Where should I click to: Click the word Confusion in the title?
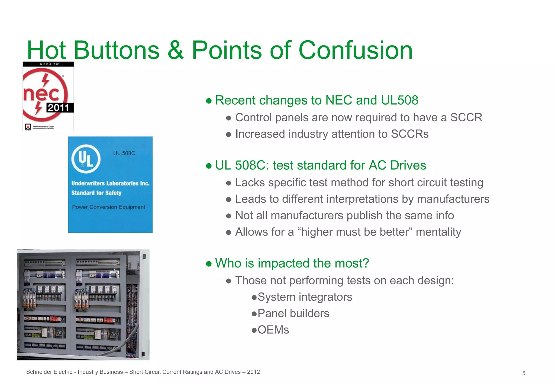coord(355,50)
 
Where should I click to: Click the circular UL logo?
coord(86,159)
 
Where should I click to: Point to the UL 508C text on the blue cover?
coord(124,153)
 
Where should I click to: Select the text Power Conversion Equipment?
coord(108,207)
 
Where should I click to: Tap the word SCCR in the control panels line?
coord(466,118)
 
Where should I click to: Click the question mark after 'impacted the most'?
coord(366,263)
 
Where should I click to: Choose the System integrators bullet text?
coord(305,297)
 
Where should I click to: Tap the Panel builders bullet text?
coord(293,314)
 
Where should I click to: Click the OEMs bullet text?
coord(273,330)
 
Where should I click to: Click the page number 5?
coord(524,373)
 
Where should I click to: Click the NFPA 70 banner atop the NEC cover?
coord(48,64)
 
